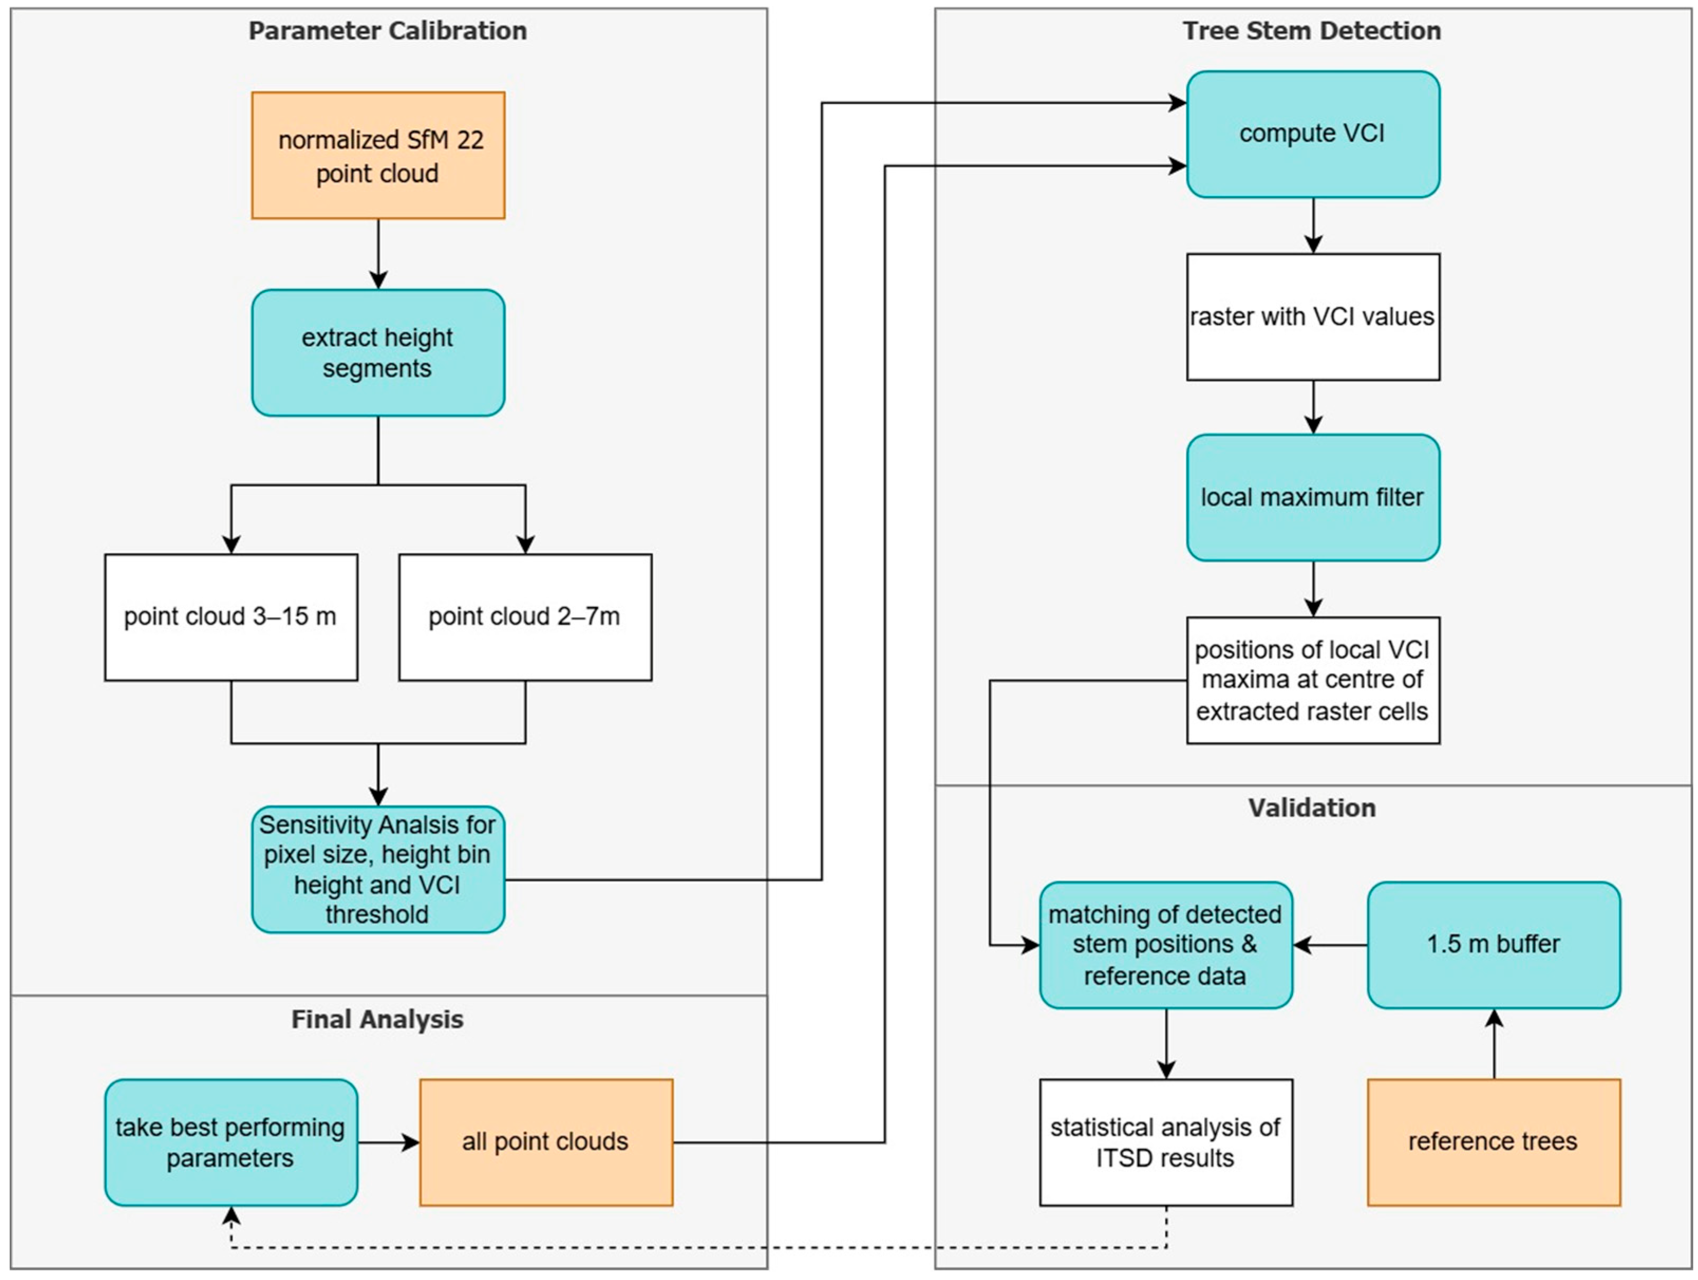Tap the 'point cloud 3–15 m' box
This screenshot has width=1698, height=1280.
coord(231,617)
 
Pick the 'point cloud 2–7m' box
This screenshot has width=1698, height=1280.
coord(525,617)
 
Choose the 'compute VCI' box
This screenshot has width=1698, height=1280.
coord(1314,134)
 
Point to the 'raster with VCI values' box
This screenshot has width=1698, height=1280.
coord(1314,316)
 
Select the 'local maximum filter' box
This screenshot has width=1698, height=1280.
coord(1314,497)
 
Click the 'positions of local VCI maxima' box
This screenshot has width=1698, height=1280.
coord(1314,680)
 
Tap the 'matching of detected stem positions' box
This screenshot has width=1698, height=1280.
coord(1166,945)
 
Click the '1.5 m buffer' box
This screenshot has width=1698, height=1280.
coord(1494,945)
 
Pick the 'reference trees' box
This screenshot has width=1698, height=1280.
coord(1494,1142)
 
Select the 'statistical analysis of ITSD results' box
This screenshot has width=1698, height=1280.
coord(1166,1142)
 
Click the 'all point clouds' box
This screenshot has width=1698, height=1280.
coord(546,1142)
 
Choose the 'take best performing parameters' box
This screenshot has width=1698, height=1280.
coord(231,1142)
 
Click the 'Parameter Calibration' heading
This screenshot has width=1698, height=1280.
coord(388,31)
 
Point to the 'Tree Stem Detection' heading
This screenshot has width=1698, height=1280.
coord(1312,31)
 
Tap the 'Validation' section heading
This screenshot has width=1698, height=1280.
coord(1312,808)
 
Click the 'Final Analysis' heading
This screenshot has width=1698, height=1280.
coord(378,1019)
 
